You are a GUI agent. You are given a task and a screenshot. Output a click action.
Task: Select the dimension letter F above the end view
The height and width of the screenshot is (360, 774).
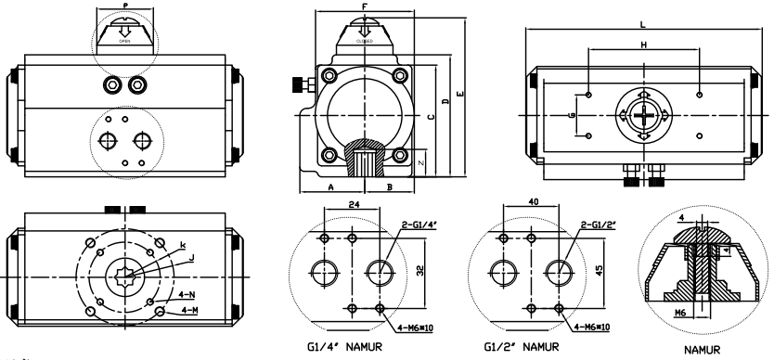coord(365,7)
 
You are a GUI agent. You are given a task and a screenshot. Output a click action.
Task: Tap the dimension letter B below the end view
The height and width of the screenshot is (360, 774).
coord(390,187)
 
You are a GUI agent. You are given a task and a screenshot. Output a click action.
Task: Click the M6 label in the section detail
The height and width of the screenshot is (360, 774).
coord(683,312)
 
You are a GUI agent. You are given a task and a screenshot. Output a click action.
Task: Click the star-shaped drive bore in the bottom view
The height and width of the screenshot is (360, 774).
coord(123,276)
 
